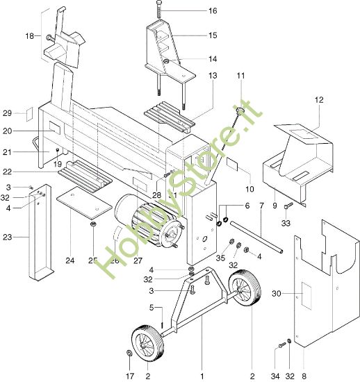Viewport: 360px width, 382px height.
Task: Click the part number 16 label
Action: tap(213, 10)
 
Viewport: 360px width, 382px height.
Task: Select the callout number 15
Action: tap(213, 35)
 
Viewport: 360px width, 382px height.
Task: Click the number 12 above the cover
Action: tap(319, 99)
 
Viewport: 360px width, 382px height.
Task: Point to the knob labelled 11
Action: tap(240, 111)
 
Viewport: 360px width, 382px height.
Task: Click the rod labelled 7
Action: tap(256, 237)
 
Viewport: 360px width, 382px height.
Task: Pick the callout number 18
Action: tap(29, 36)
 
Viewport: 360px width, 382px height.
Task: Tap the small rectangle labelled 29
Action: tap(29, 114)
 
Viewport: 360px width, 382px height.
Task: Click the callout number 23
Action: tap(8, 237)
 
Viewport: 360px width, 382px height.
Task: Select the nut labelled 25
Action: tap(94, 224)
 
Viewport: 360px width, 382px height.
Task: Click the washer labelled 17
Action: tap(129, 353)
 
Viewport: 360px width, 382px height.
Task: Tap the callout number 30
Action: tap(277, 294)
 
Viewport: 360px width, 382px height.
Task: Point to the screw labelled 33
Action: tap(288, 205)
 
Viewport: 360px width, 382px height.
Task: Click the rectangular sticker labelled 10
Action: tap(232, 163)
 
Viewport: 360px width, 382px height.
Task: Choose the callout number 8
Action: tap(304, 376)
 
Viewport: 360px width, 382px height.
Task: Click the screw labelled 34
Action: tap(282, 345)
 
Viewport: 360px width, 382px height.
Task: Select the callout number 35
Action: tap(220, 258)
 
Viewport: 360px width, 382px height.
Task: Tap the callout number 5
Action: tap(152, 308)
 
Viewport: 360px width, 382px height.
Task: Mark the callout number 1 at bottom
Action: tap(202, 376)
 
